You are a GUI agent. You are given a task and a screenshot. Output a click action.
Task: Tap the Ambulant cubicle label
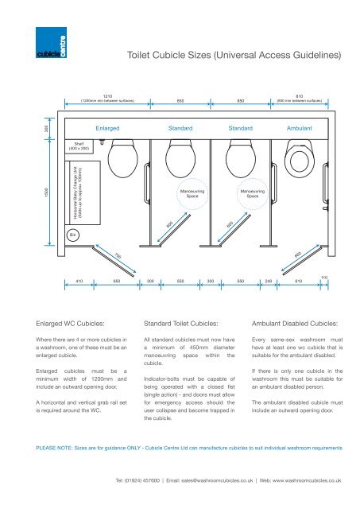tap(300, 127)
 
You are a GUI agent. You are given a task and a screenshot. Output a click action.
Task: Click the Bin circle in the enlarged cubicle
tap(72, 235)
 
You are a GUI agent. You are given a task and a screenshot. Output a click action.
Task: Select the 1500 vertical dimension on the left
tap(31, 193)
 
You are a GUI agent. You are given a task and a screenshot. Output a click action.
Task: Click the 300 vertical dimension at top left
tap(31, 129)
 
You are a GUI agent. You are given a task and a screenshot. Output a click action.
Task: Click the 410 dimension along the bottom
tap(79, 282)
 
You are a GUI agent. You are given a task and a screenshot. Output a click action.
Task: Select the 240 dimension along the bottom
tap(269, 282)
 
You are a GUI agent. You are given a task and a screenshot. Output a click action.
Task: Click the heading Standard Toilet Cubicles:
tap(180, 324)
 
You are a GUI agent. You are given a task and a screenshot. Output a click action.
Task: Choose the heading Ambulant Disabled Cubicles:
tap(296, 324)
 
